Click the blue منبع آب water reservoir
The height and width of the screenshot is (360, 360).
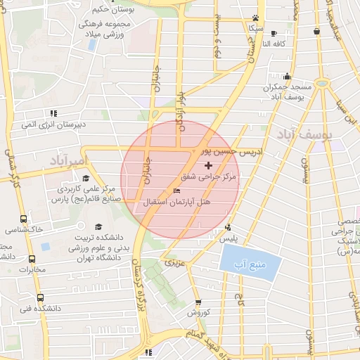coord(250,265)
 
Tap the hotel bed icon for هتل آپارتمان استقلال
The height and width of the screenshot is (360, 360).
coord(176,191)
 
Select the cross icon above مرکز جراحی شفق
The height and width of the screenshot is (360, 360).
coord(208,165)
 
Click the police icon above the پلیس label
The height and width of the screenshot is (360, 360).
coord(227,227)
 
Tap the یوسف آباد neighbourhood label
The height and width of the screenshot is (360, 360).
coord(309,134)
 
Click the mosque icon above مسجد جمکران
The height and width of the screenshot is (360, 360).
coord(286,77)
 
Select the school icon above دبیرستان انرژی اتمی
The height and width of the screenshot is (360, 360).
coord(53,112)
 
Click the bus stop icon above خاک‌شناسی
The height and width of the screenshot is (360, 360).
coord(24,219)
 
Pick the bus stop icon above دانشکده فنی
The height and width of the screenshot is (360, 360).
coord(39,297)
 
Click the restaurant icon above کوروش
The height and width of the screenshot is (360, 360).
coord(199,302)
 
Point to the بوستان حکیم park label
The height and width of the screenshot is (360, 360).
coord(113,10)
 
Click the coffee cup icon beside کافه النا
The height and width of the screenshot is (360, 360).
coord(274,33)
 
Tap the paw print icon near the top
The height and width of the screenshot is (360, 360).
coord(256,18)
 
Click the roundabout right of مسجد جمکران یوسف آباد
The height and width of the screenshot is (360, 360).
coord(322,83)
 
